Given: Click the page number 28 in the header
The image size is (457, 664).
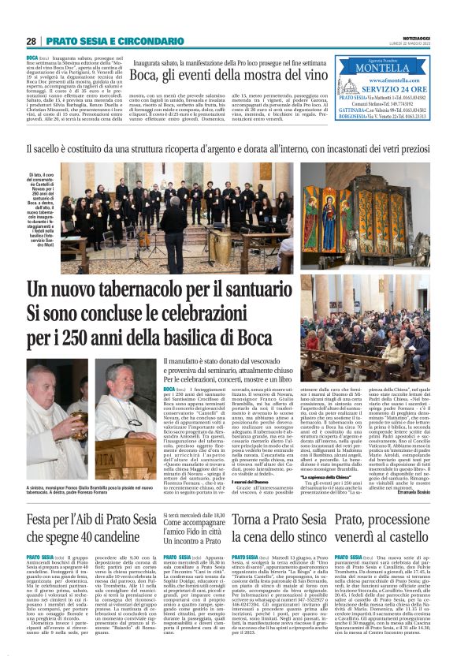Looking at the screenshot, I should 32,41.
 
